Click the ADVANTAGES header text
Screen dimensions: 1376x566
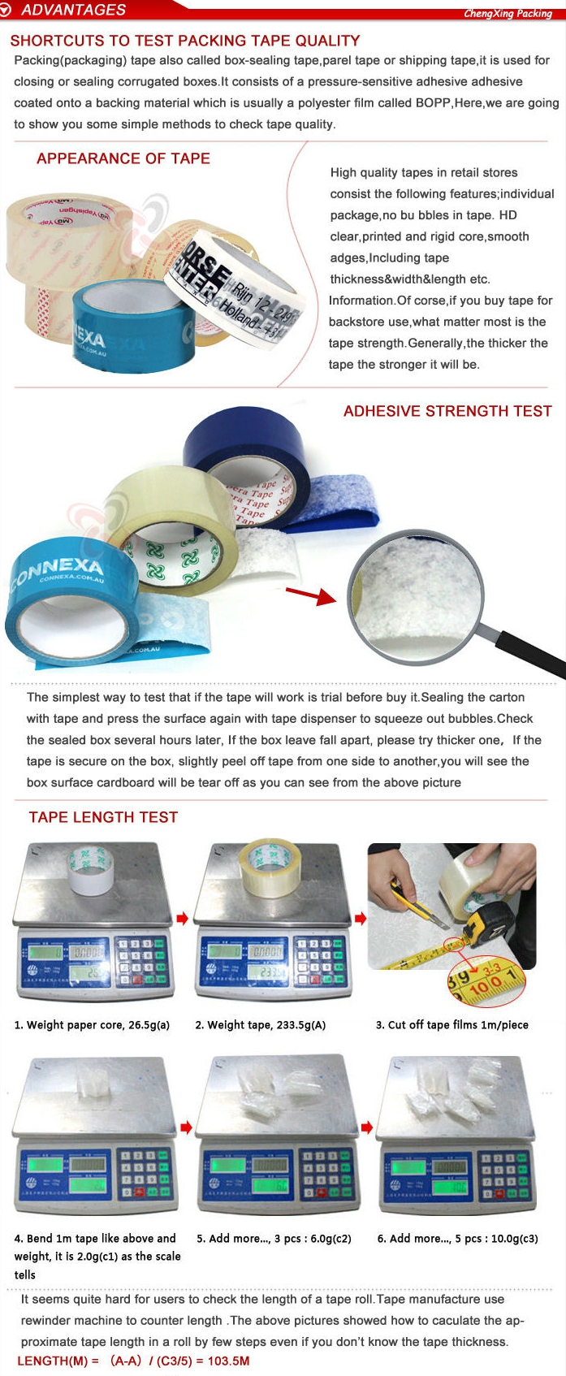click(x=73, y=10)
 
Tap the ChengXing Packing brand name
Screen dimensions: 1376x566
click(x=508, y=13)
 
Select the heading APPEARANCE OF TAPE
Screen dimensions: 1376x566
click(x=123, y=158)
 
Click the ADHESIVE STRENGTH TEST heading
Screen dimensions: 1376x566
click(x=447, y=411)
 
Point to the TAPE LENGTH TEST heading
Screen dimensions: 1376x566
click(x=103, y=817)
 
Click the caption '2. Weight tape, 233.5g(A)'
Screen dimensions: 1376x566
click(x=261, y=1025)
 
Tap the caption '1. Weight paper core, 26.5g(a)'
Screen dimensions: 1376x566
click(x=92, y=1025)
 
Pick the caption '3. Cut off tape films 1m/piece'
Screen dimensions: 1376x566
click(x=452, y=1025)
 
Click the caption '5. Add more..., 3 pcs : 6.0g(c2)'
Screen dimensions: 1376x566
click(x=274, y=1239)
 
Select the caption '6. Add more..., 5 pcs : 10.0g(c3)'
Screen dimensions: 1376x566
click(x=457, y=1239)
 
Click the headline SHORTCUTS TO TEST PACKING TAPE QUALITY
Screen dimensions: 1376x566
click(x=185, y=41)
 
